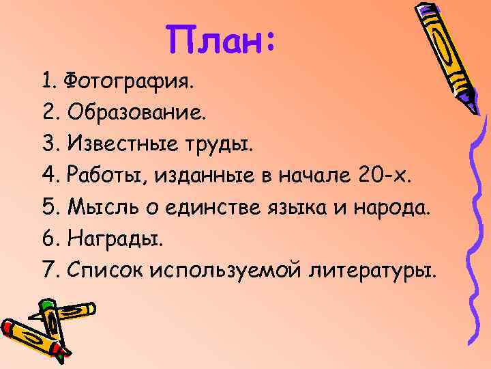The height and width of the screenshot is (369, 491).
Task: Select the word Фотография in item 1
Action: click(x=128, y=83)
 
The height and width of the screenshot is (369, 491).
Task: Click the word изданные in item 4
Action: click(x=198, y=177)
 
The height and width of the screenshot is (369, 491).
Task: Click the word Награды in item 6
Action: click(x=111, y=240)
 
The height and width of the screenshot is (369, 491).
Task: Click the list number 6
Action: click(x=46, y=240)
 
